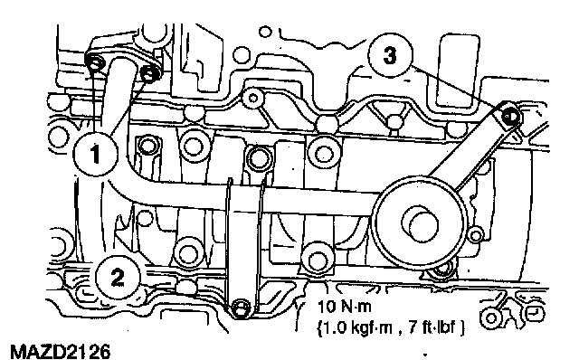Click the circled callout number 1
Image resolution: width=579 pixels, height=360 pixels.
coord(96,153)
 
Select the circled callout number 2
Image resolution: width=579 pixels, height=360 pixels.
coord(118,278)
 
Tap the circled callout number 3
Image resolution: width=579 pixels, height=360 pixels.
coord(390,55)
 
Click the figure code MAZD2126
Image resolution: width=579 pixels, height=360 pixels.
coord(61,351)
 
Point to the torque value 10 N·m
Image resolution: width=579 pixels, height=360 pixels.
coord(344,306)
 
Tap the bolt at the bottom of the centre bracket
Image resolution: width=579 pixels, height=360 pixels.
coord(240,308)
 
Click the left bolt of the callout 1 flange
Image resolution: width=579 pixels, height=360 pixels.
coord(95,63)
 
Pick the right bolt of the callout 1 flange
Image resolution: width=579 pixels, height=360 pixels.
coord(148,75)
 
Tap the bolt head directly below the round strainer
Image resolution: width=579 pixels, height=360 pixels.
coord(440,272)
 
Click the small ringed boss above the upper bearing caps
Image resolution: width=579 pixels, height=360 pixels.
coord(253,99)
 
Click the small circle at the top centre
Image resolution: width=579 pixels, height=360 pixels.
coord(265,32)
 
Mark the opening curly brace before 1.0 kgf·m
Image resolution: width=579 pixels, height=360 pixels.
coord(319,327)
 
